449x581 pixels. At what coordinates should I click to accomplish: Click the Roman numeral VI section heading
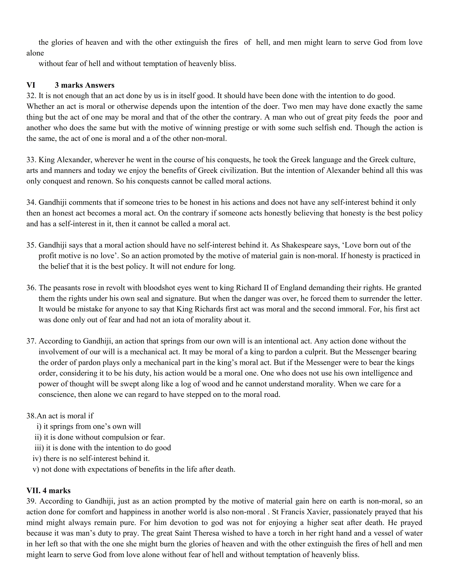coord(31,85)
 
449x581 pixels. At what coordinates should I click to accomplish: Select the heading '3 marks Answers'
coord(85,85)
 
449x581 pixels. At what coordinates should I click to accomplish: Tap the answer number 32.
coord(31,96)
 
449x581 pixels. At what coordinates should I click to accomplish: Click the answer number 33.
coord(31,160)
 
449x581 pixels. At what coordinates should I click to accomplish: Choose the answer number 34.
coord(31,202)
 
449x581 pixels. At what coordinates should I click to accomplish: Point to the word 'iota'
coord(179,320)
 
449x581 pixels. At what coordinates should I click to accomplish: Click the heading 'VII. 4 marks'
coord(48,490)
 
